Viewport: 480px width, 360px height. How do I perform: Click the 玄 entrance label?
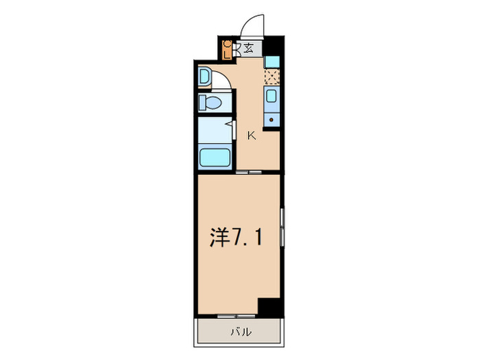(x=248, y=49)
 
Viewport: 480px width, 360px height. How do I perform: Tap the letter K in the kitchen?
(x=252, y=135)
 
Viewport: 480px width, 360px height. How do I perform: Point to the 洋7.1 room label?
(x=235, y=238)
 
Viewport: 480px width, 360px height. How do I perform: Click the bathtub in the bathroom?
(x=215, y=157)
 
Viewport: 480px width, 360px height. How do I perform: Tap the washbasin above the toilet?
(x=204, y=77)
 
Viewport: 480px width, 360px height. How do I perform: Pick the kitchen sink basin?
(x=272, y=97)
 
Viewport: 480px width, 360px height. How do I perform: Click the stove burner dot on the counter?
(x=272, y=121)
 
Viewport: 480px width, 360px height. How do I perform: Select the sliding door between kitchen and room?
(x=245, y=172)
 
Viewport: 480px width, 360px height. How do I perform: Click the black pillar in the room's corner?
(x=270, y=307)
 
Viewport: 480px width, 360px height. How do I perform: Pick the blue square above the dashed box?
(x=272, y=61)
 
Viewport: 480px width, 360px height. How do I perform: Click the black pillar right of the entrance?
(x=273, y=47)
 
